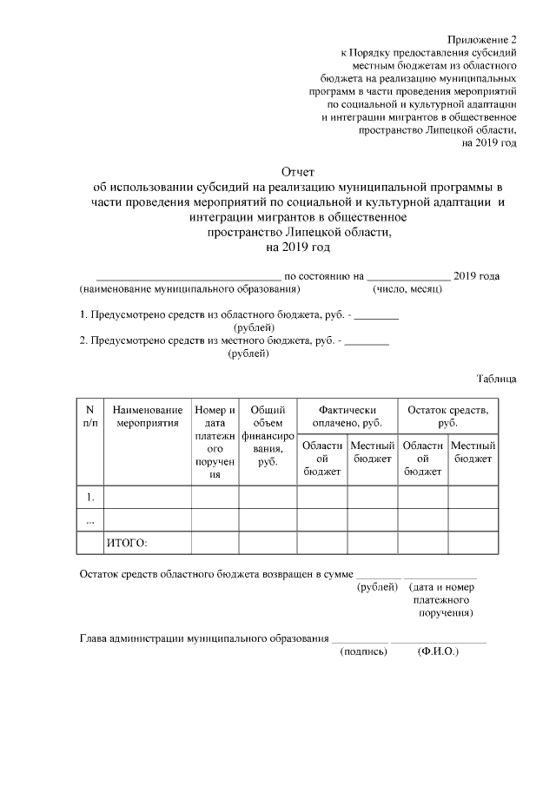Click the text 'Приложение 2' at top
click(482, 40)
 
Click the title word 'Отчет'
click(298, 172)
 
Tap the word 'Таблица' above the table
click(496, 379)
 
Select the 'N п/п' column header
click(90, 416)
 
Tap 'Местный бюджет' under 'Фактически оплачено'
click(372, 452)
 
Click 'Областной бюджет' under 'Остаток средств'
click(423, 458)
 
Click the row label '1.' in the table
click(90, 497)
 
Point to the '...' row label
click(90, 519)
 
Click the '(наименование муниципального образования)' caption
click(182, 288)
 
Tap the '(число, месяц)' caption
click(408, 288)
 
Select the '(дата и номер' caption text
click(445, 587)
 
